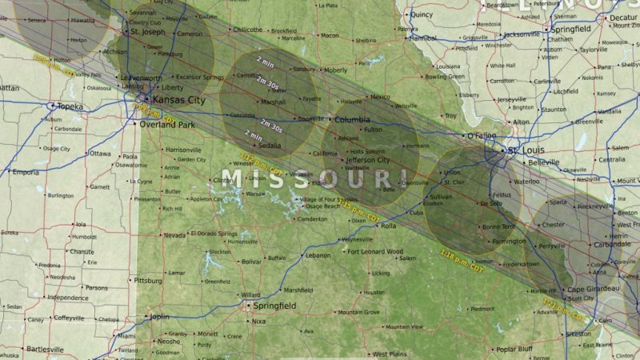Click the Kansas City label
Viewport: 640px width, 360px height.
pyautogui.click(x=178, y=100)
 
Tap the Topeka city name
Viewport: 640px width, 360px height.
pyautogui.click(x=70, y=106)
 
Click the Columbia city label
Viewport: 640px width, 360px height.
pyautogui.click(x=352, y=120)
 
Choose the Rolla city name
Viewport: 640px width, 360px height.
pyautogui.click(x=388, y=226)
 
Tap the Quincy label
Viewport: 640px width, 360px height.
pyautogui.click(x=421, y=14)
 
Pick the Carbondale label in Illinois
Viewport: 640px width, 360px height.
pyautogui.click(x=611, y=244)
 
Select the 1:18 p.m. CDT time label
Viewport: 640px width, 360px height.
pyautogui.click(x=462, y=261)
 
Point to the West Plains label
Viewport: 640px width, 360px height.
pyautogui.click(x=390, y=354)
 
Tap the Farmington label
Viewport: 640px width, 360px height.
pyautogui.click(x=509, y=241)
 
